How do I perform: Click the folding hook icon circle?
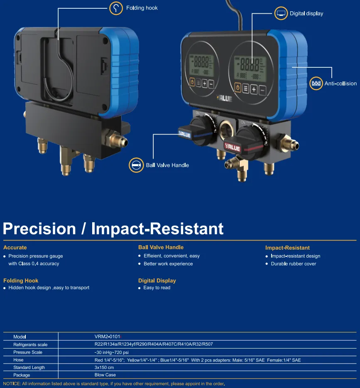tap(116, 8)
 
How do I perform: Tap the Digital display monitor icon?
tap(281, 13)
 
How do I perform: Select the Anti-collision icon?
tap(316, 83)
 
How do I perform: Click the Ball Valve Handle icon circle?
tap(136, 165)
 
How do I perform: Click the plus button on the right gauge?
tap(254, 89)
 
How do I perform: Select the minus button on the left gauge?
tap(211, 84)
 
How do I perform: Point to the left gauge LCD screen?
tap(201, 65)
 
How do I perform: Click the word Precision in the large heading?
tap(39, 228)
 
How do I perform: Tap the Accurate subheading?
tap(15, 248)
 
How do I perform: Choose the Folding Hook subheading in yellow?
tap(21, 280)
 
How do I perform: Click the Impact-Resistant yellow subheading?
tap(287, 248)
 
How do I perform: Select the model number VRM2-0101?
tap(107, 336)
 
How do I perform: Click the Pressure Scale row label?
tap(28, 352)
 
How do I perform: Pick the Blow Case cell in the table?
tap(105, 375)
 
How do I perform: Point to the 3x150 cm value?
tap(104, 368)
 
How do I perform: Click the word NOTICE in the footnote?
tap(12, 384)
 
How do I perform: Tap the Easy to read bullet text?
tap(157, 287)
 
